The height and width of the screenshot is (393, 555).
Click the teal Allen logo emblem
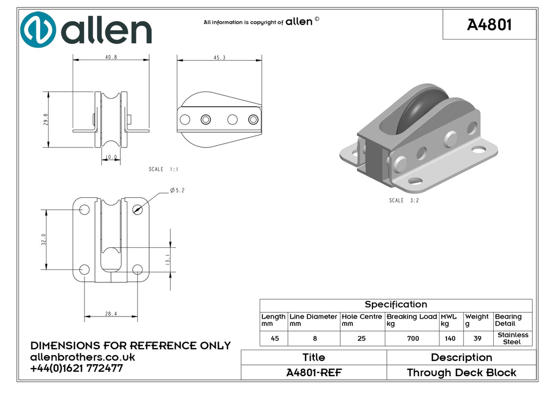[38, 29]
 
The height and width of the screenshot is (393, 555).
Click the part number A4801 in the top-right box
[489, 24]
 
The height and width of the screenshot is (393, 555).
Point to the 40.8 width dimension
[111, 57]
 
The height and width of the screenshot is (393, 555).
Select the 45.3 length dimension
[220, 57]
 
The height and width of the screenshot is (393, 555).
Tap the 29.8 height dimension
[46, 120]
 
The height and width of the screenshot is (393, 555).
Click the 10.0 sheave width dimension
[111, 157]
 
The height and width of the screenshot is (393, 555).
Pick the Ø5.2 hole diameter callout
[177, 190]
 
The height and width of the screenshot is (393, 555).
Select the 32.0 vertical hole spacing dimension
[43, 240]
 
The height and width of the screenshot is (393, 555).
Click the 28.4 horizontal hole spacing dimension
[111, 313]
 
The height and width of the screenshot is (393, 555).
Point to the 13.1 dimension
[168, 260]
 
